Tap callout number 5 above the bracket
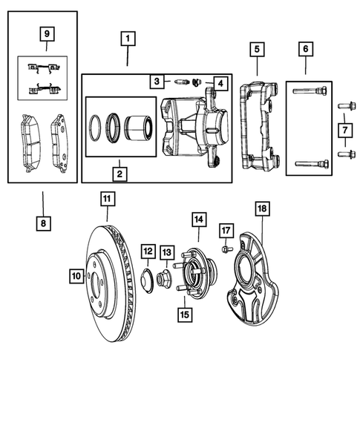256,50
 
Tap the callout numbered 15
184,312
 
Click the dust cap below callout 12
148,280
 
